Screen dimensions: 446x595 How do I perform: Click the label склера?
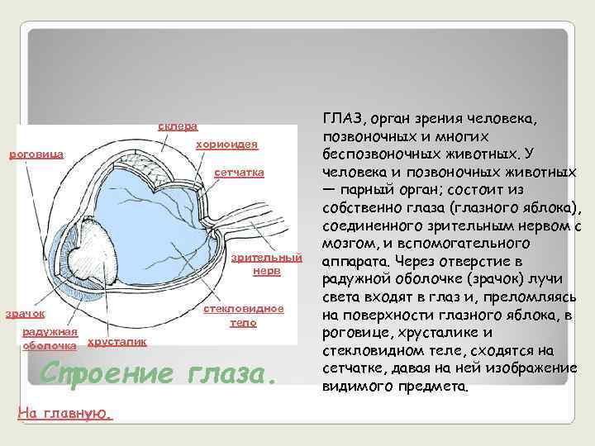pyautogui.click(x=178, y=126)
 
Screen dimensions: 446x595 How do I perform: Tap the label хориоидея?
pyautogui.click(x=226, y=145)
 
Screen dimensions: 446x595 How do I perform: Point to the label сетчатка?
pyautogui.click(x=239, y=173)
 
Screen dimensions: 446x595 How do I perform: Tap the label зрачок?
pyautogui.click(x=26, y=314)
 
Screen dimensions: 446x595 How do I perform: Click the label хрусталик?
pyautogui.click(x=117, y=341)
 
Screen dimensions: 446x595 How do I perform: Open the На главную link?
pyautogui.click(x=64, y=412)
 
